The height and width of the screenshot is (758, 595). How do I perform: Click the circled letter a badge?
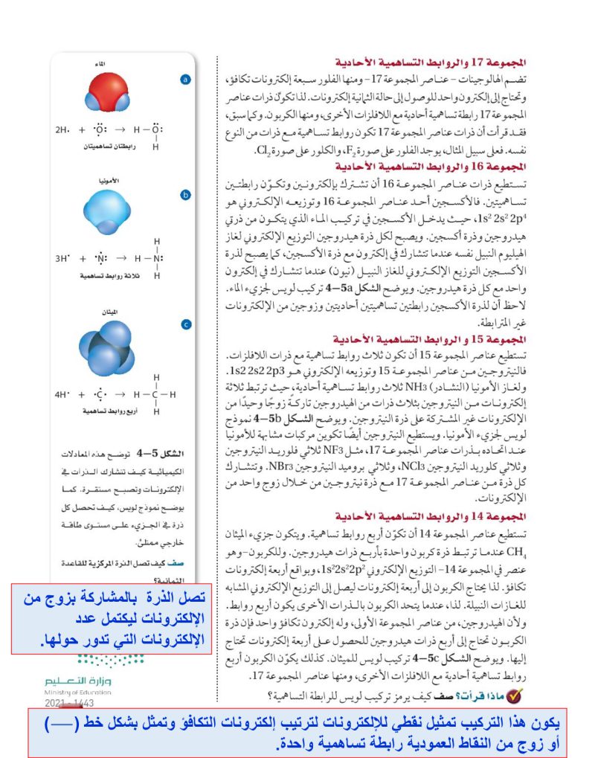(x=186, y=80)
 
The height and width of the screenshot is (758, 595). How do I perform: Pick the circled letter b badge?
(x=186, y=195)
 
